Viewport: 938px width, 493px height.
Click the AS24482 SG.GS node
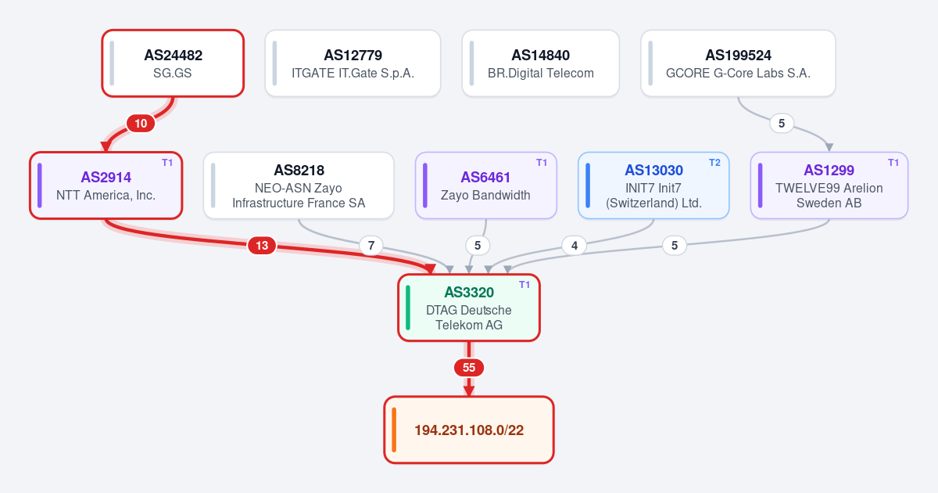pos(173,63)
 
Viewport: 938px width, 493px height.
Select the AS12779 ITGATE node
pos(353,63)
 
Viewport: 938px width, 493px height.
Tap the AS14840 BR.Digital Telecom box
pos(541,63)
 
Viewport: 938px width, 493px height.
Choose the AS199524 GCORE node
pos(738,63)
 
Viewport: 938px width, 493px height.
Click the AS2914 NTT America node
pos(106,185)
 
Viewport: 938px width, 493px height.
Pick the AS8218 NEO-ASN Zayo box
pos(299,185)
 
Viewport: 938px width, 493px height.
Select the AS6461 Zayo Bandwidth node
pos(485,185)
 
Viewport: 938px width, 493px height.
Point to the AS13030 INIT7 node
pos(653,185)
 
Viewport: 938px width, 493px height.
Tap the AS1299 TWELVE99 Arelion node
pos(829,185)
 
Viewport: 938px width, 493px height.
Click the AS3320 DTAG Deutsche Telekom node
pos(469,308)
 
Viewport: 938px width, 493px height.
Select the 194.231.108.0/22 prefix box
pos(469,430)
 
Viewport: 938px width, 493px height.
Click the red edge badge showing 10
pos(141,124)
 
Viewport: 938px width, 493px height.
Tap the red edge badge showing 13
pos(262,245)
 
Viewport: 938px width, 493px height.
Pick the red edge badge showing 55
pos(469,368)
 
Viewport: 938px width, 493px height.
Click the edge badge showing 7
pos(371,245)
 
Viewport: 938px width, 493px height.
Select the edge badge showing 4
pos(574,245)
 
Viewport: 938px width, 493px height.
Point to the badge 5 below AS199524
pos(782,124)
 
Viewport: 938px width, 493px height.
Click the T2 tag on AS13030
pos(714,163)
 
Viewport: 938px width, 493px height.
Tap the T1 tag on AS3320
pos(524,285)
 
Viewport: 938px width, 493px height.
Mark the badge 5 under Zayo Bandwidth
pos(478,245)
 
